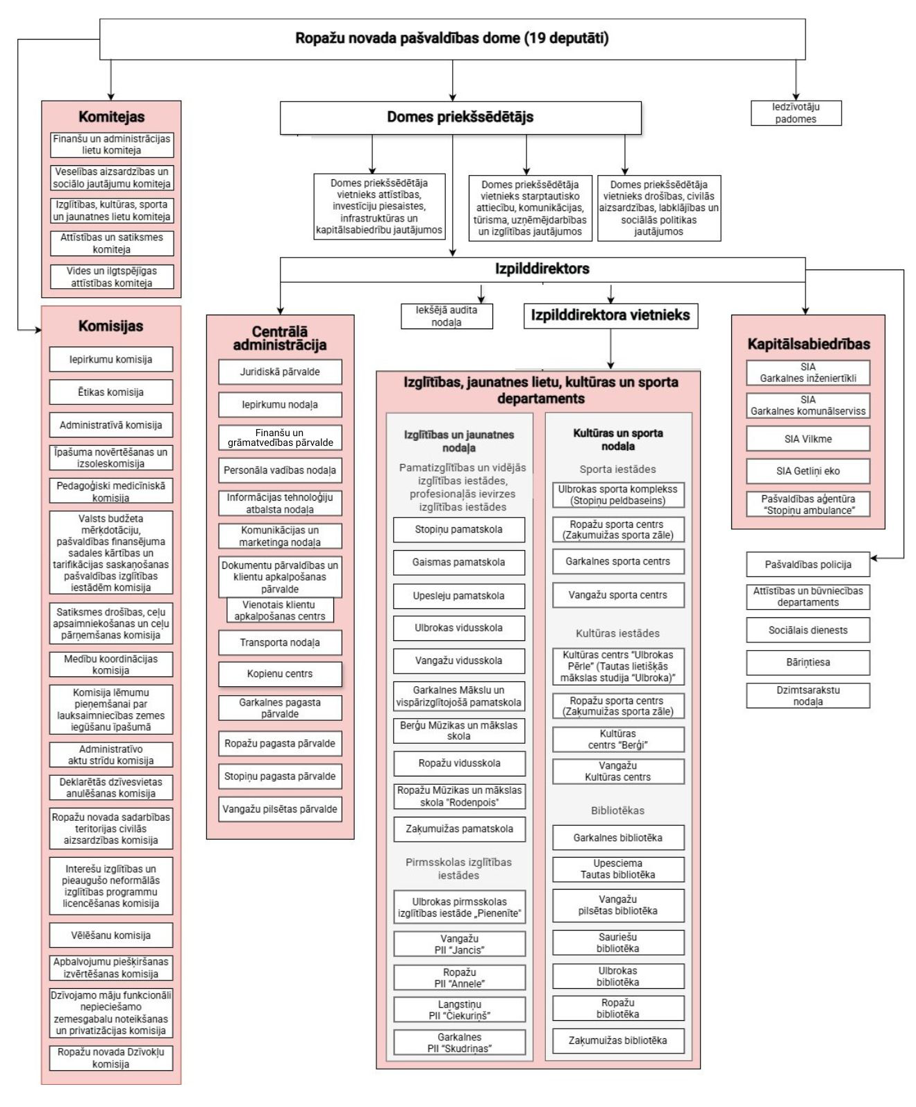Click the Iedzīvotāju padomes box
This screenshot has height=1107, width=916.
[796, 113]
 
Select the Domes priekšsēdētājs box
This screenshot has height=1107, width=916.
[460, 117]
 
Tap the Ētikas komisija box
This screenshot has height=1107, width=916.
[111, 392]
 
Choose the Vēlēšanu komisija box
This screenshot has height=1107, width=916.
[111, 935]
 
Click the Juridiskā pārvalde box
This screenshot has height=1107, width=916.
[280, 372]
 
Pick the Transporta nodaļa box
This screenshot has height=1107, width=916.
[280, 642]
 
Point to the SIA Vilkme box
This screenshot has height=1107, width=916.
[808, 439]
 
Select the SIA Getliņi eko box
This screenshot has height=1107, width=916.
[808, 471]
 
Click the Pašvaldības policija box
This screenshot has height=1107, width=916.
[808, 565]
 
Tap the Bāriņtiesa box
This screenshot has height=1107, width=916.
[808, 663]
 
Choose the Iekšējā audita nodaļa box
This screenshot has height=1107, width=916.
[447, 316]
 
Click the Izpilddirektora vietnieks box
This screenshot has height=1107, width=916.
[610, 315]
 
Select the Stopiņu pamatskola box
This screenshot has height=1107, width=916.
[459, 530]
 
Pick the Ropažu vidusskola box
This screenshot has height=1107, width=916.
[459, 763]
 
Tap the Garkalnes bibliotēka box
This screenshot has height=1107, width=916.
[618, 838]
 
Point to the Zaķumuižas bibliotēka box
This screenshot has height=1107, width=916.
[618, 1040]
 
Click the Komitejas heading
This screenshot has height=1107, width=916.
[111, 117]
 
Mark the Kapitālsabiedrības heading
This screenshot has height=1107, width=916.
[808, 344]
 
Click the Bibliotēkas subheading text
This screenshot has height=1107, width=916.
[618, 810]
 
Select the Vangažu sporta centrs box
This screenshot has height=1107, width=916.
[618, 595]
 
